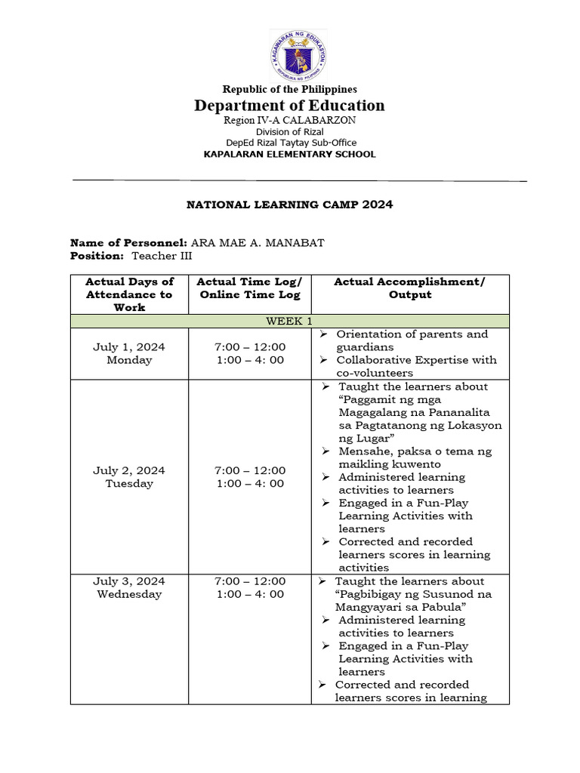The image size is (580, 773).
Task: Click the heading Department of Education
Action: [x=289, y=106]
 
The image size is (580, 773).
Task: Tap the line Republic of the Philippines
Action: [x=289, y=89]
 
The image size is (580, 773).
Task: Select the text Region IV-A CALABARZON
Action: [x=289, y=120]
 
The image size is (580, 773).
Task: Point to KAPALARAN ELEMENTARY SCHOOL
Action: [x=289, y=154]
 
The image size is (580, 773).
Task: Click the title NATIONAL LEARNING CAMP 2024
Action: [x=289, y=205]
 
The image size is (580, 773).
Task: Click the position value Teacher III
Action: [x=159, y=256]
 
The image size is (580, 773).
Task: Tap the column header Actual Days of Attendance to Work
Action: [x=129, y=294]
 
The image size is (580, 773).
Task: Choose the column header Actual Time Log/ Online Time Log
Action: [x=250, y=288]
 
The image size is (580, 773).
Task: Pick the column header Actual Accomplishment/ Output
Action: [x=409, y=288]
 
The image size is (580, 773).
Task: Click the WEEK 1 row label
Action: [x=289, y=321]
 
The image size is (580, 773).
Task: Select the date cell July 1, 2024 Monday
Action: [x=129, y=353]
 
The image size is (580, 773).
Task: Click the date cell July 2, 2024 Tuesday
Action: [x=129, y=477]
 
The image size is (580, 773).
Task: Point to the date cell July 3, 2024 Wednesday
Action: [x=129, y=587]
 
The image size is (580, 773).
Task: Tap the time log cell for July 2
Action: [x=250, y=477]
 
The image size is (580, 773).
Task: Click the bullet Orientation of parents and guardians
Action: [x=412, y=340]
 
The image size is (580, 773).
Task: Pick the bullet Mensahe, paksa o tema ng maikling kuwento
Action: [x=415, y=457]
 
